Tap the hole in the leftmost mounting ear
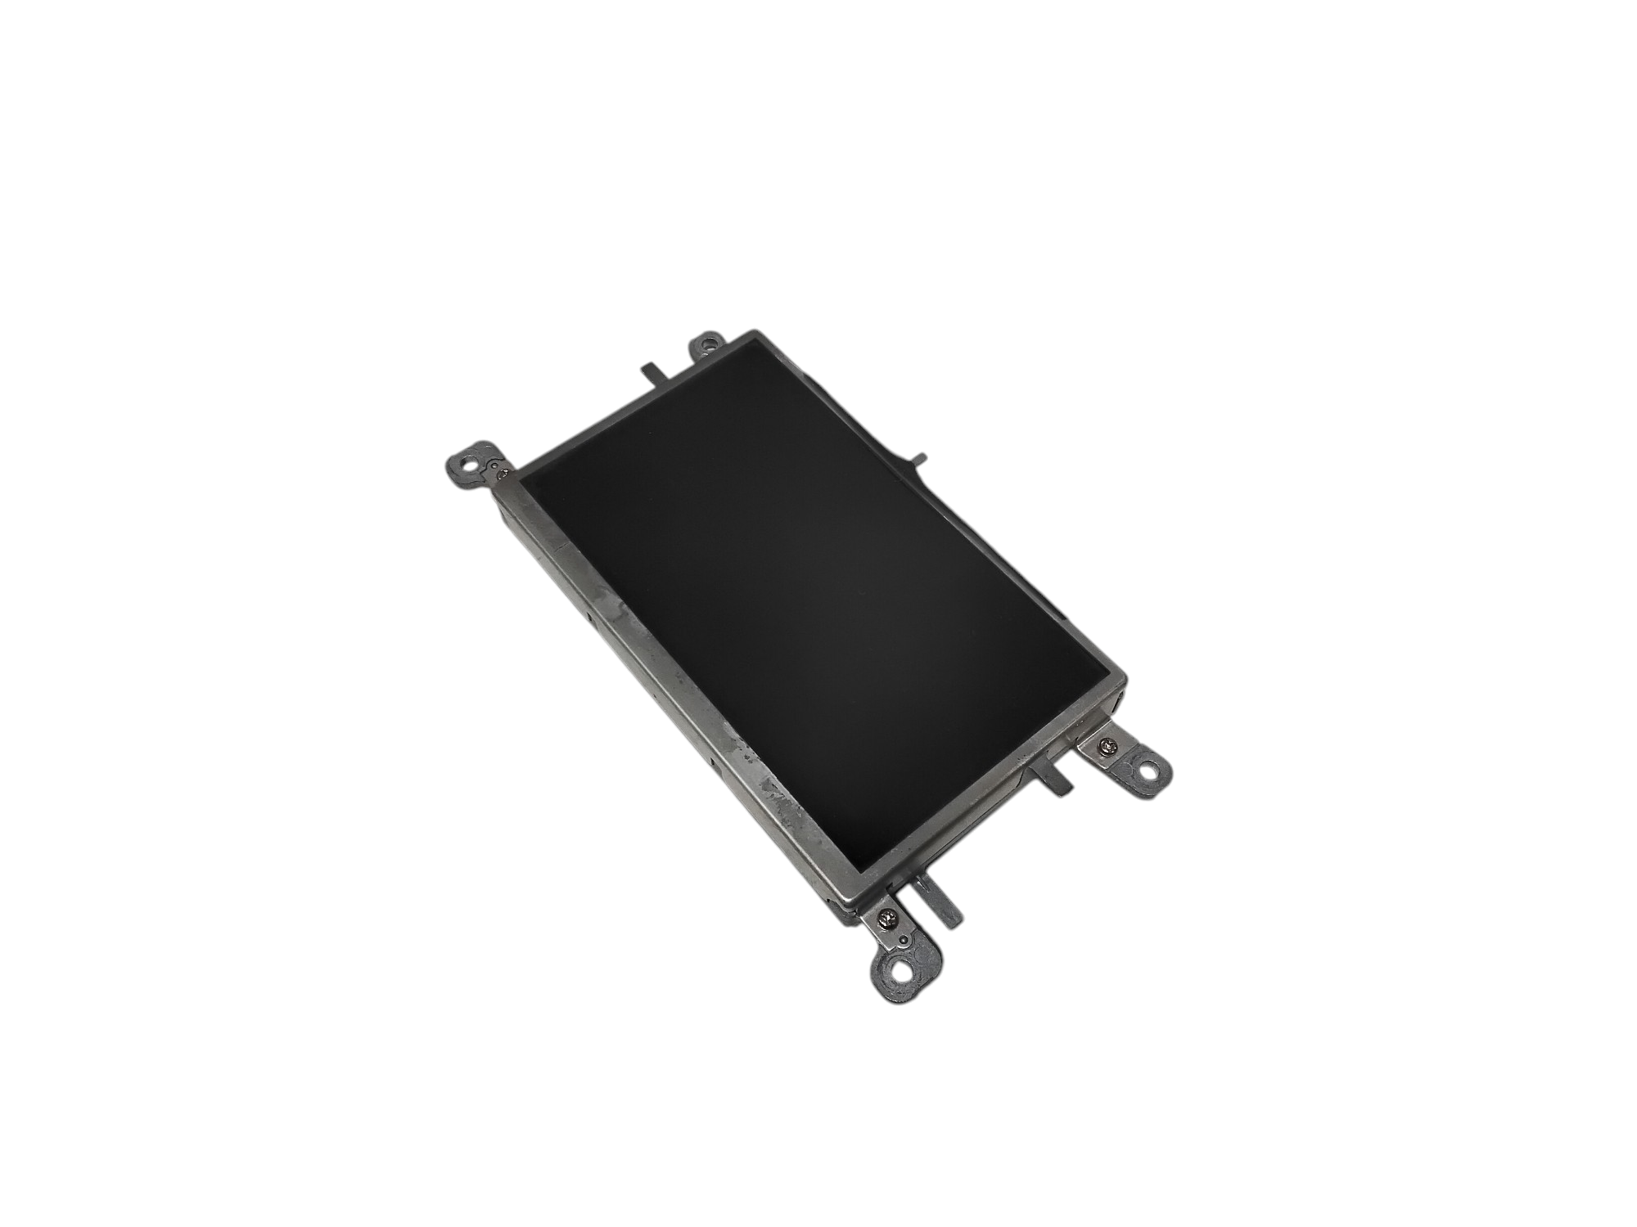coord(467,460)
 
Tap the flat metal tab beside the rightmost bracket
coord(1050,776)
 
